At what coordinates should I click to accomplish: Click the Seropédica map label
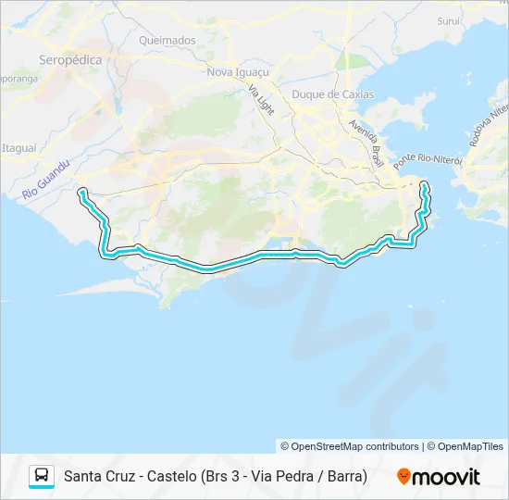click(69, 60)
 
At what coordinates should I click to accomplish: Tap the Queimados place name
click(168, 41)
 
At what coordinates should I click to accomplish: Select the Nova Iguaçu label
click(238, 72)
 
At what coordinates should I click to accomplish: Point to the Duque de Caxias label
click(332, 94)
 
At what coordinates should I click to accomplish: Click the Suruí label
click(449, 20)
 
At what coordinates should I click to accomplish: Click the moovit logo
click(439, 477)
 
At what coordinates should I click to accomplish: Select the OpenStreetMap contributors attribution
click(350, 446)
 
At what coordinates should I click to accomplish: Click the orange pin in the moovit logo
click(403, 477)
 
